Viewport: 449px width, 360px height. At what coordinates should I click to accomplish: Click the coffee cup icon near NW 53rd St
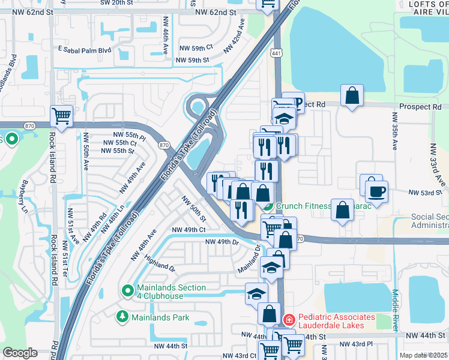coord(376,191)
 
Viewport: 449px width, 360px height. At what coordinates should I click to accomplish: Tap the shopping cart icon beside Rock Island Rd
coord(62,116)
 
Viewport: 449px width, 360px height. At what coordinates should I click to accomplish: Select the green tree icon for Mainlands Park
coord(122,317)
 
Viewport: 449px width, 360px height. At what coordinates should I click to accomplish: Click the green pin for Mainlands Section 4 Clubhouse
coord(127,292)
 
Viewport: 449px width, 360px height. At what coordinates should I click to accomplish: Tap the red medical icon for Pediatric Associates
coord(289,320)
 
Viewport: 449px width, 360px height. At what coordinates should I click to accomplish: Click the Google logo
coord(20,353)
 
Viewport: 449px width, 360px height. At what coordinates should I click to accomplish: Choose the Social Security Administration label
coord(430,221)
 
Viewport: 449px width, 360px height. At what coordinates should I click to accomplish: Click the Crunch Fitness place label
coord(304,206)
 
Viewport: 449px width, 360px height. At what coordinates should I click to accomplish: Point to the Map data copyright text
coord(424,355)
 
